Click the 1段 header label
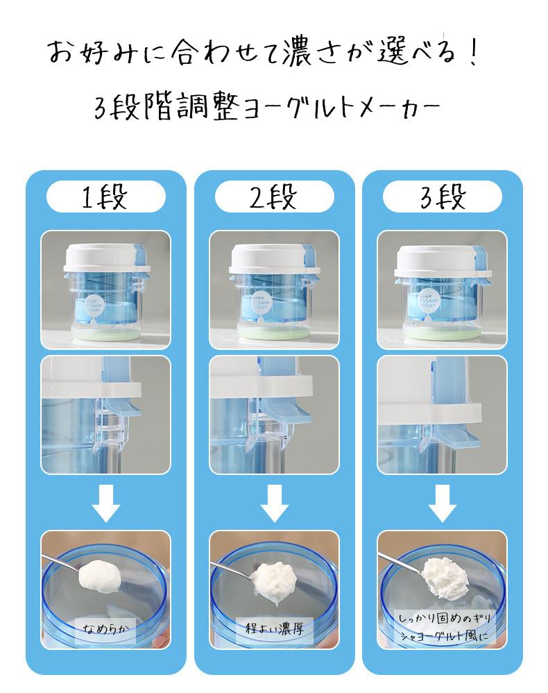pyautogui.click(x=105, y=197)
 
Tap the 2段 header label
pyautogui.click(x=274, y=197)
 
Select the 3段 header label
pyautogui.click(x=442, y=197)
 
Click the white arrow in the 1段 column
pyautogui.click(x=105, y=503)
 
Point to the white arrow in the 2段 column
pyautogui.click(x=274, y=503)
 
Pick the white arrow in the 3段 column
pyautogui.click(x=442, y=503)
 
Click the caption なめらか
pyautogui.click(x=105, y=630)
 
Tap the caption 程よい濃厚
pyautogui.click(x=274, y=628)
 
